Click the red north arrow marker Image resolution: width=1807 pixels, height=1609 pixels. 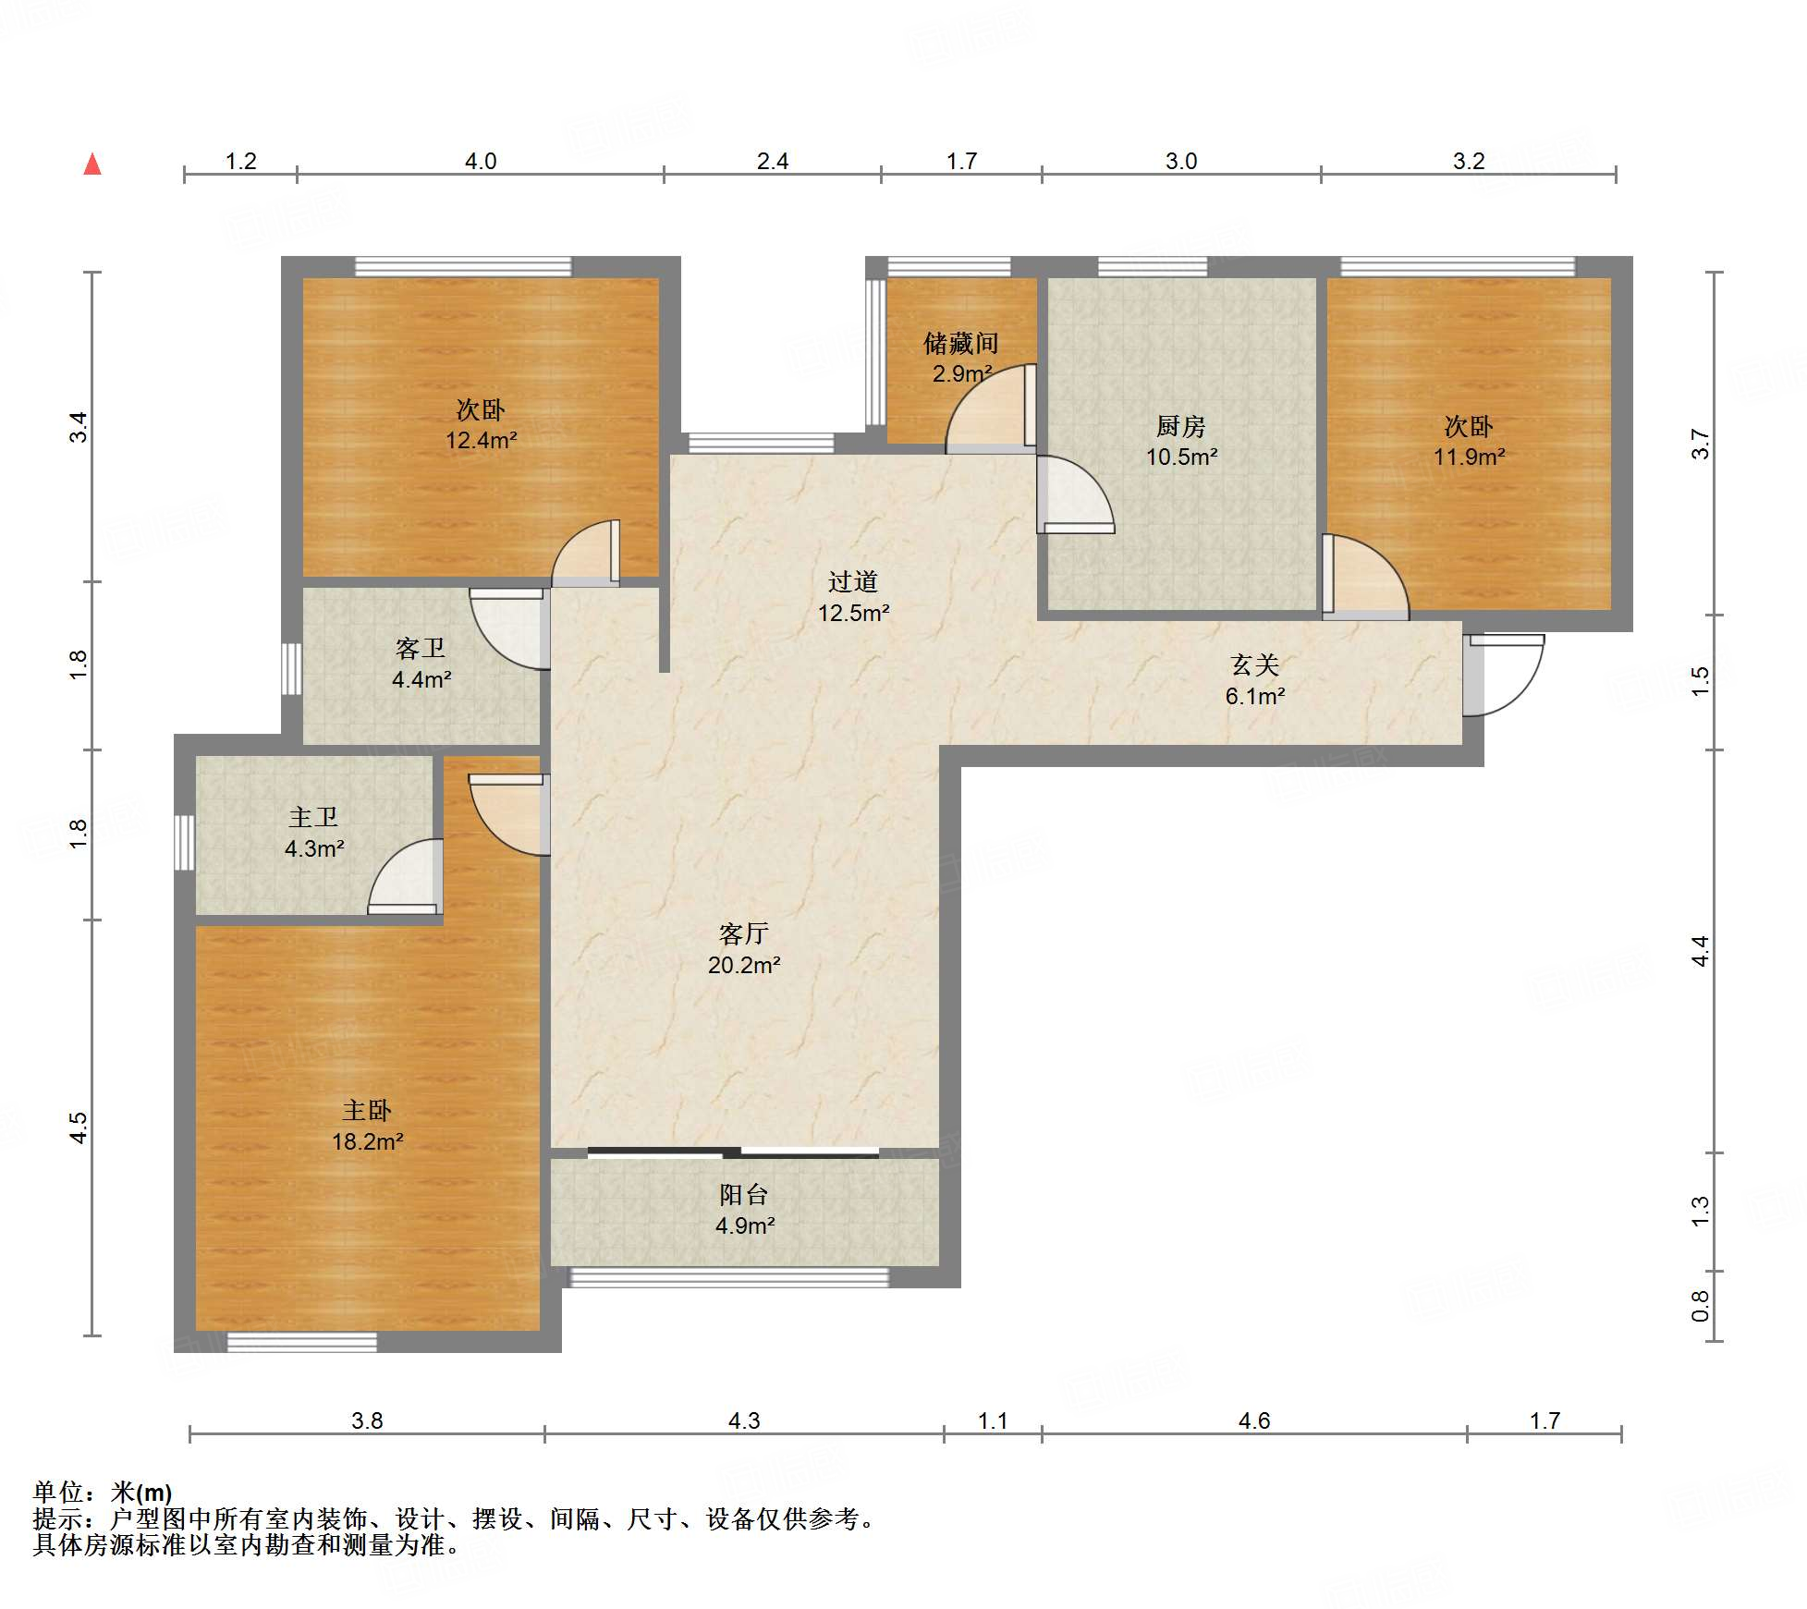pos(92,164)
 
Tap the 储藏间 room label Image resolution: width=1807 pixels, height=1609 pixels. pos(961,344)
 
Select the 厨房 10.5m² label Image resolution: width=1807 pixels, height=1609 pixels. pos(1181,441)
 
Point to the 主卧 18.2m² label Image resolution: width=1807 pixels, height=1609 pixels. pos(367,1126)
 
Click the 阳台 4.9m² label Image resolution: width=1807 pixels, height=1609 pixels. pos(744,1210)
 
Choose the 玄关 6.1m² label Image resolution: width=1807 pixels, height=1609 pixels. pos(1254,680)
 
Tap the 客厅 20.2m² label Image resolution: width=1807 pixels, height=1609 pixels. pos(744,949)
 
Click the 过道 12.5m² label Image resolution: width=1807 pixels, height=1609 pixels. pos(853,596)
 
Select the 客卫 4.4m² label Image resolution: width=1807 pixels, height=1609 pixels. pos(421,664)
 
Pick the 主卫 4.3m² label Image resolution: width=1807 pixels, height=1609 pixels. pos(314,832)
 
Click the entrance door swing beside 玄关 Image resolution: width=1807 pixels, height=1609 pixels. pos(1504,675)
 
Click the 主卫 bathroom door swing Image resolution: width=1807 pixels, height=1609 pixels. pos(405,877)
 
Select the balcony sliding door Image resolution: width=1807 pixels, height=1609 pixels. pos(733,1152)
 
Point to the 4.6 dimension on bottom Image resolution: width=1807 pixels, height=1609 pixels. pos(1254,1420)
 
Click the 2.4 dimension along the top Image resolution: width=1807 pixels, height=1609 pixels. pos(773,162)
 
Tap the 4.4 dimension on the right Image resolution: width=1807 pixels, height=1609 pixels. pos(1701,951)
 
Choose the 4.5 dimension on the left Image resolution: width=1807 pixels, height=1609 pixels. pos(79,1128)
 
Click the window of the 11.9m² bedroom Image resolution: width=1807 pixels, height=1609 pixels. pos(1458,267)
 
